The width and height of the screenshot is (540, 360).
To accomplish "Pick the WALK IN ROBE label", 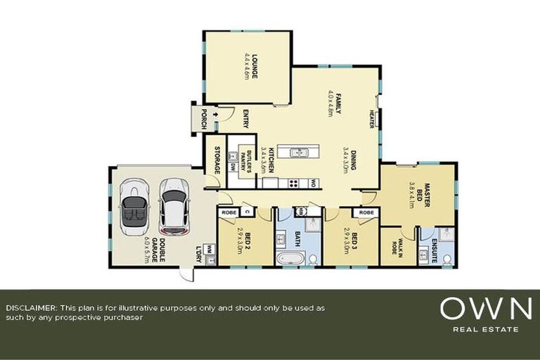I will click(x=391, y=249).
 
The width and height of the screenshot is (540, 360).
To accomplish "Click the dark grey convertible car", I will click(x=133, y=205).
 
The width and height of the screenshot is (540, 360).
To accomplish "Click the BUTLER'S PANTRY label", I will click(x=246, y=162).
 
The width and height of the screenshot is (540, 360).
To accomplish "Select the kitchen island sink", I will click(x=297, y=152).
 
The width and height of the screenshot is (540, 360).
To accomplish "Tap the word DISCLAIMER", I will click(x=32, y=308).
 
